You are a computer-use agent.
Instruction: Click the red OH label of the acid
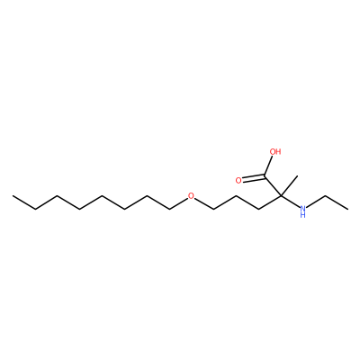click(275, 151)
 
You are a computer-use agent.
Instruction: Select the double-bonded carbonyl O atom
click(238, 180)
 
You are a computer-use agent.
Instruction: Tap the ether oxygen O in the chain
click(191, 196)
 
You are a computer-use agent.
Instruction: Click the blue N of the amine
click(303, 208)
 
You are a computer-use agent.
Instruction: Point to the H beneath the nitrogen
click(303, 215)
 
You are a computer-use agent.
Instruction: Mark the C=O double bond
click(254, 178)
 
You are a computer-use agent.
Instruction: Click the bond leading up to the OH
click(269, 166)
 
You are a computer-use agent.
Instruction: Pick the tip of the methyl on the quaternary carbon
click(296, 175)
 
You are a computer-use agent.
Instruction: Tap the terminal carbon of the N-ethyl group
click(348, 209)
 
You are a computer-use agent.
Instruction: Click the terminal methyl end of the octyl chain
click(13, 196)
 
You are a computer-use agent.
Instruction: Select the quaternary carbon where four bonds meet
click(281, 196)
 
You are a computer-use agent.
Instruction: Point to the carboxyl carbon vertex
click(265, 176)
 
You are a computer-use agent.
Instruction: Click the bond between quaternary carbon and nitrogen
click(290, 202)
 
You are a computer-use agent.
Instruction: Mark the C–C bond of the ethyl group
click(337, 202)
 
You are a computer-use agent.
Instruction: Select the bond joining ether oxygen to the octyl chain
click(178, 202)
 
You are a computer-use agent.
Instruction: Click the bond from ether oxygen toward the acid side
click(203, 203)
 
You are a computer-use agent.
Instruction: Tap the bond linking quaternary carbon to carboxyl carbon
click(273, 186)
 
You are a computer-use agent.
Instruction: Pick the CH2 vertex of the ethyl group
click(326, 196)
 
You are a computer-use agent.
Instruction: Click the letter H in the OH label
click(278, 151)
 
